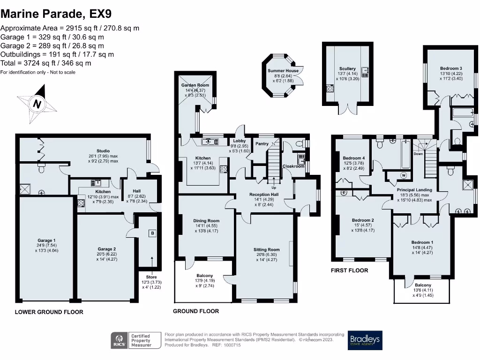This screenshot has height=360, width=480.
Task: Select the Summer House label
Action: pos(283,70)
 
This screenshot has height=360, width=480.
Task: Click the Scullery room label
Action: pos(347,69)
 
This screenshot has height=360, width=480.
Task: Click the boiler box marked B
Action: pos(151,233)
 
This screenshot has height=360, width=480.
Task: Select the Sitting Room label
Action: pos(266,250)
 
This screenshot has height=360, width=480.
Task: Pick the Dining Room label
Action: pos(206,220)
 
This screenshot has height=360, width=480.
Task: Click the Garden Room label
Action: pos(195,85)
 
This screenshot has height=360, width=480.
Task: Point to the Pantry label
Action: pos(262,144)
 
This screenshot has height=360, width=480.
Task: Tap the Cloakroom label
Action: pos(293,166)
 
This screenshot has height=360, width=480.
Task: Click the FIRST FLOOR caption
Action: pos(349,270)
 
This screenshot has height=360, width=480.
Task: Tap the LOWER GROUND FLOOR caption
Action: pos(49,312)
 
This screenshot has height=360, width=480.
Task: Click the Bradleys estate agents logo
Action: pos(365,340)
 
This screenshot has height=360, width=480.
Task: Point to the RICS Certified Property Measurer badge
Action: pos(132,340)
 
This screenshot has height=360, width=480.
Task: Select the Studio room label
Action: pos(103,151)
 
